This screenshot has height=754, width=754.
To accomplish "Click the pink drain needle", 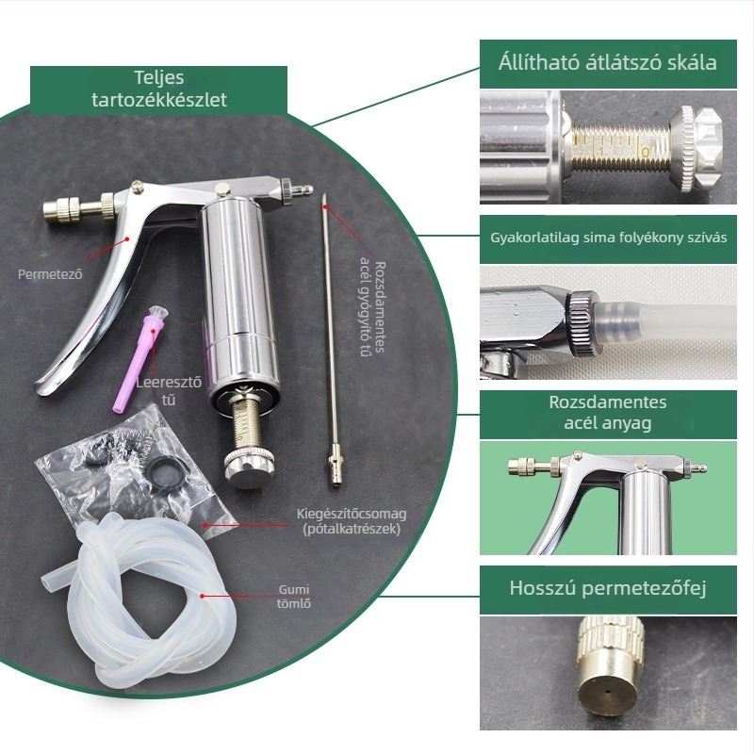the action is [139, 358].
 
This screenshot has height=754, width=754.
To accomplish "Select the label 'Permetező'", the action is [50, 274].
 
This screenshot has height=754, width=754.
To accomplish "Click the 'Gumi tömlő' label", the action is [294, 597].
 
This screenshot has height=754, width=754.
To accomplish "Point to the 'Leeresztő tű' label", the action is [169, 391].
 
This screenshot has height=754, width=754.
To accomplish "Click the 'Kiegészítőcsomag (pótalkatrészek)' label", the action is [352, 521].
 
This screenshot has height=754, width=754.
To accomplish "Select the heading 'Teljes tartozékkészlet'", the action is [159, 89].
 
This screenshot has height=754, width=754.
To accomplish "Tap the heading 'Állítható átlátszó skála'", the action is [608, 63].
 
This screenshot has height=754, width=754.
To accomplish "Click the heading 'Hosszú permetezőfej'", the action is [608, 588].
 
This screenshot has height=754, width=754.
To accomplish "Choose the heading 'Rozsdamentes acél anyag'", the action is [608, 413].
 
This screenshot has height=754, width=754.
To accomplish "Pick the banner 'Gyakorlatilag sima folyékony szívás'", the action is [608, 238].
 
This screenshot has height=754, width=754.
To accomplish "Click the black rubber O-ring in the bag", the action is [162, 467].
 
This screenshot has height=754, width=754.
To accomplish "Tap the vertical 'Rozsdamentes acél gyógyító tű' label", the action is [373, 308].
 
